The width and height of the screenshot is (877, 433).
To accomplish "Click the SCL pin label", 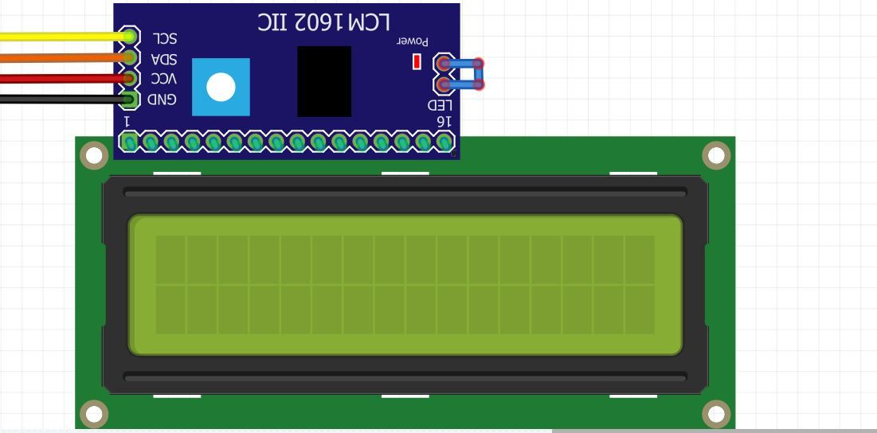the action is coord(165,38).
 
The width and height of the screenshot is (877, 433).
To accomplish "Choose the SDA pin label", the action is coord(164,59).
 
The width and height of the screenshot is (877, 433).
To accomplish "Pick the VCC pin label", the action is coord(164,78).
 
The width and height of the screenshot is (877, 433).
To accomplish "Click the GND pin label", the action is coord(162,99).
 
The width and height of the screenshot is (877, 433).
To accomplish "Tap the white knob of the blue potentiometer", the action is coord(221,88).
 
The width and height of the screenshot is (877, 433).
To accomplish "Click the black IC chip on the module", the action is coord(324,81).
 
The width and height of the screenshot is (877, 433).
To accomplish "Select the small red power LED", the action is coord(417,62).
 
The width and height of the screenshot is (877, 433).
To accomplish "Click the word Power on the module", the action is coord(413,41).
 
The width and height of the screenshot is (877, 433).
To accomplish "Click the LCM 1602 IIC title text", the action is coord(324,22).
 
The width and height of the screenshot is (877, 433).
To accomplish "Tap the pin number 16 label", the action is coord(444,121).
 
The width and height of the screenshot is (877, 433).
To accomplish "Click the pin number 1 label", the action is coord(127,121).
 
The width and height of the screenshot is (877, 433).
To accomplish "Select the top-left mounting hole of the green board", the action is coord(94,155).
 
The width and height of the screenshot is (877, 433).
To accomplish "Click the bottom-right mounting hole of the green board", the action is coord(716,414).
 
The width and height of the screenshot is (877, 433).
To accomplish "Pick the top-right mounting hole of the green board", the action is coord(716,155).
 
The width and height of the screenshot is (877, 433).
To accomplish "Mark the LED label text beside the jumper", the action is coord(440,105).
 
